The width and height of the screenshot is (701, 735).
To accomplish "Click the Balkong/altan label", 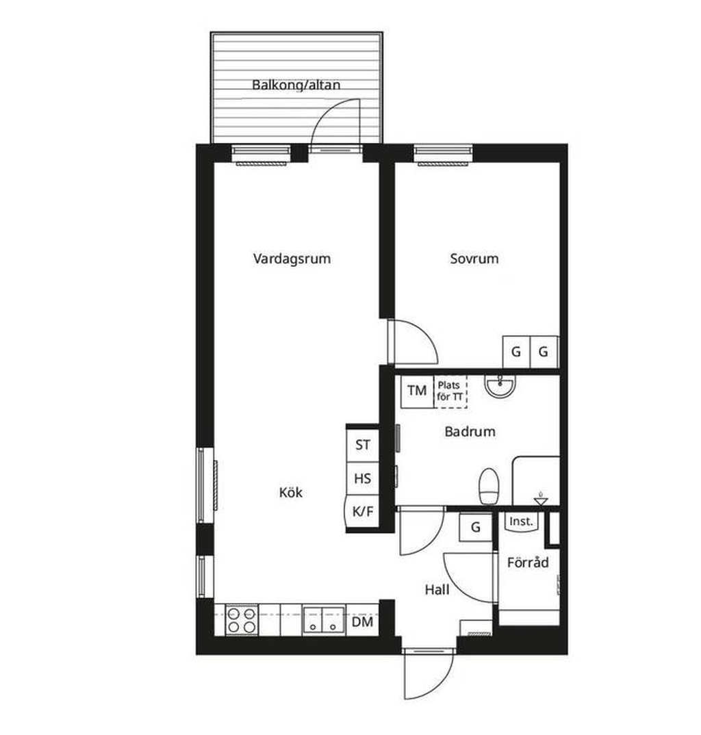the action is coord(296,85).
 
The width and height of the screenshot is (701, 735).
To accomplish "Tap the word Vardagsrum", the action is coord(292,258).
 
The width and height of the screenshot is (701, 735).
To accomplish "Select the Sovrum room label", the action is coord(474,258).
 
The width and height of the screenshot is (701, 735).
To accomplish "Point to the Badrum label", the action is coord(470,431).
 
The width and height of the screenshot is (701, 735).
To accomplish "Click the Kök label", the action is coord(291,492).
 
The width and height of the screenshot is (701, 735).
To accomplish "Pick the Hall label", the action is coord(437,590).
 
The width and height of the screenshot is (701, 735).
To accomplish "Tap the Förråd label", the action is coord(528,562).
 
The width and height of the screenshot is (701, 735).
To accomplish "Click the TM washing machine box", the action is coord(417,391).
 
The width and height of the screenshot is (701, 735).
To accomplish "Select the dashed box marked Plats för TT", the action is coord(450,391).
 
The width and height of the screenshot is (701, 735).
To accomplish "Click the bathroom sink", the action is coord(500,386).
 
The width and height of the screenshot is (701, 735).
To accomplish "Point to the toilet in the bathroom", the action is coord(488,487).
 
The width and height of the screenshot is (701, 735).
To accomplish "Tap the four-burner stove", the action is coord(242,620).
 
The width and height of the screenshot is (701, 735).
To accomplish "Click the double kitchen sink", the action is coord(324,620).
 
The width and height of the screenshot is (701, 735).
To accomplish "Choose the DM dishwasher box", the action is coord(362,621).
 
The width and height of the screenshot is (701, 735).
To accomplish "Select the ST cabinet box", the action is coord(362,445).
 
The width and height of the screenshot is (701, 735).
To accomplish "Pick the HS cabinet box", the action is coord(362,478).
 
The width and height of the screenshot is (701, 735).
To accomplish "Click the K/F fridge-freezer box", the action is coord(362,512).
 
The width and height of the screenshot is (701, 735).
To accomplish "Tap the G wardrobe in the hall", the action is coord(476,527).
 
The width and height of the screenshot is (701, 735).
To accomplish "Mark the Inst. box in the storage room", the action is coord(521,521).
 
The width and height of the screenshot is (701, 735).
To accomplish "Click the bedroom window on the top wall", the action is coord(443,155).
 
